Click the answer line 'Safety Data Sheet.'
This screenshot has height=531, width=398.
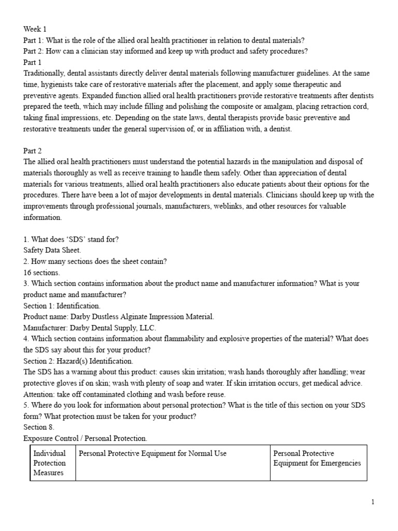click(x=52, y=250)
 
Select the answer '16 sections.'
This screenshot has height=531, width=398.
click(x=42, y=273)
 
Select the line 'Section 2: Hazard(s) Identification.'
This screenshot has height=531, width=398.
click(x=78, y=361)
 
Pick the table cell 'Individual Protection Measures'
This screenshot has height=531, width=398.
click(x=50, y=463)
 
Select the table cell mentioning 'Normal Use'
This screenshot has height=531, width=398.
click(x=152, y=454)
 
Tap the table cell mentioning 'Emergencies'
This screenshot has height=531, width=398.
click(x=317, y=458)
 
